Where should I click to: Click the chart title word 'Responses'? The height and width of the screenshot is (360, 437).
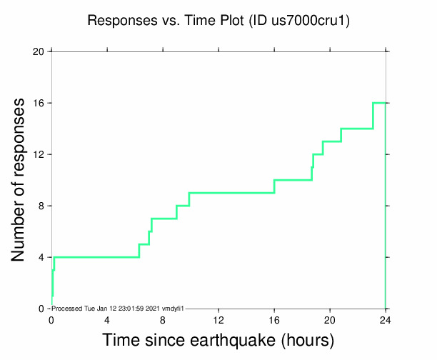115,21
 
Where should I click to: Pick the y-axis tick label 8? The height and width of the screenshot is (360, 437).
41,206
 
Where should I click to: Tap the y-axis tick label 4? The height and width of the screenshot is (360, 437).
41,257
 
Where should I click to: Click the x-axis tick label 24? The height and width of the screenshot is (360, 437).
386,319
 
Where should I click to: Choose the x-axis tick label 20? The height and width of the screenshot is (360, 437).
330,319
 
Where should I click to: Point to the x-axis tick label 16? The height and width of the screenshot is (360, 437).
274,319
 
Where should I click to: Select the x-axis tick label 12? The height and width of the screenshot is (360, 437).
218,319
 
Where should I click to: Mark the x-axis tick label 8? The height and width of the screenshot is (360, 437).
163,319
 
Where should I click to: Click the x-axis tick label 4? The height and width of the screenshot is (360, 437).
107,319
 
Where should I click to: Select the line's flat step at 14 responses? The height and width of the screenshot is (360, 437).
357,129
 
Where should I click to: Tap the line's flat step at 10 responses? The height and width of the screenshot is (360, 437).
293,180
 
